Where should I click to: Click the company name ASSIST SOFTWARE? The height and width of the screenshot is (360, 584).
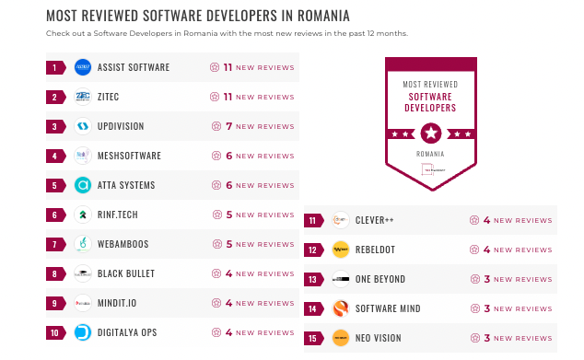[x=134, y=67]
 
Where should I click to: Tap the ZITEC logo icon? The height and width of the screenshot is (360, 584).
[x=83, y=97]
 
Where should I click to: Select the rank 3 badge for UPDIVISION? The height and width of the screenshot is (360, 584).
[x=55, y=126]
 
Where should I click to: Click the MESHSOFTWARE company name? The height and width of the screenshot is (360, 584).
[x=129, y=156]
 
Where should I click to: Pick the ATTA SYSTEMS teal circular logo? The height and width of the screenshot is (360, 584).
[x=83, y=185]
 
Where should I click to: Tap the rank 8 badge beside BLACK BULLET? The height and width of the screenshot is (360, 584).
[x=55, y=273]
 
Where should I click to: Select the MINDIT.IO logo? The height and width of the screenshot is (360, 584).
[x=83, y=303]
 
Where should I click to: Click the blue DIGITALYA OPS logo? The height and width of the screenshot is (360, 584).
[x=83, y=332]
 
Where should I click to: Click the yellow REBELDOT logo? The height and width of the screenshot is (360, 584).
[x=341, y=250]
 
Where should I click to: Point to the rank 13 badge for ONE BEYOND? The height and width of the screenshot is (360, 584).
[x=314, y=279]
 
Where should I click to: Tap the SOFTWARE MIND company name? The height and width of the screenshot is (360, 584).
[x=387, y=308]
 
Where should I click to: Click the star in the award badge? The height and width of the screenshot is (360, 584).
[x=430, y=132]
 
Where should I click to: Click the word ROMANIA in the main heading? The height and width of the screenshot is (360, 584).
[x=318, y=16]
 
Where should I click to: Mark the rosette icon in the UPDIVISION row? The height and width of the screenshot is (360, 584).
[x=216, y=126]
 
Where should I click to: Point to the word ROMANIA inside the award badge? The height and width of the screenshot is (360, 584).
[x=430, y=154]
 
